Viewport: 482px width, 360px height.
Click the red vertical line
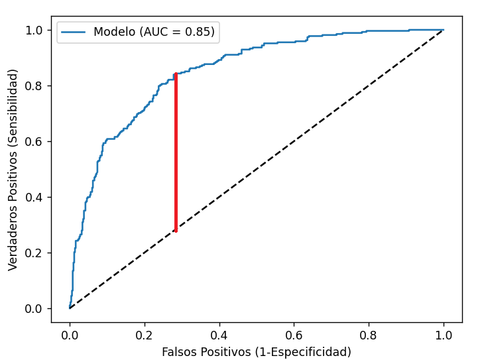[x=176, y=152]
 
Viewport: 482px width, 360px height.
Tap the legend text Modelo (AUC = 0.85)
[x=154, y=32]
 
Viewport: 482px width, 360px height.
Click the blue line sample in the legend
[x=74, y=32]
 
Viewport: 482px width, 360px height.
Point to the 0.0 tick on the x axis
[x=70, y=336]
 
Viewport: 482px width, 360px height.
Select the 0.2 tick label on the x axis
[x=145, y=336]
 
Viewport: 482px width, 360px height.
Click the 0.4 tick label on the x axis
[x=219, y=336]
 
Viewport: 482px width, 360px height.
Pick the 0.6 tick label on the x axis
[x=294, y=336]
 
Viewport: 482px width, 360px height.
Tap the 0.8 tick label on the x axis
[x=369, y=336]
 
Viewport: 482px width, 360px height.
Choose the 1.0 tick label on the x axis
[x=444, y=336]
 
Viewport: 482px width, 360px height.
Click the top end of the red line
[x=176, y=74]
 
